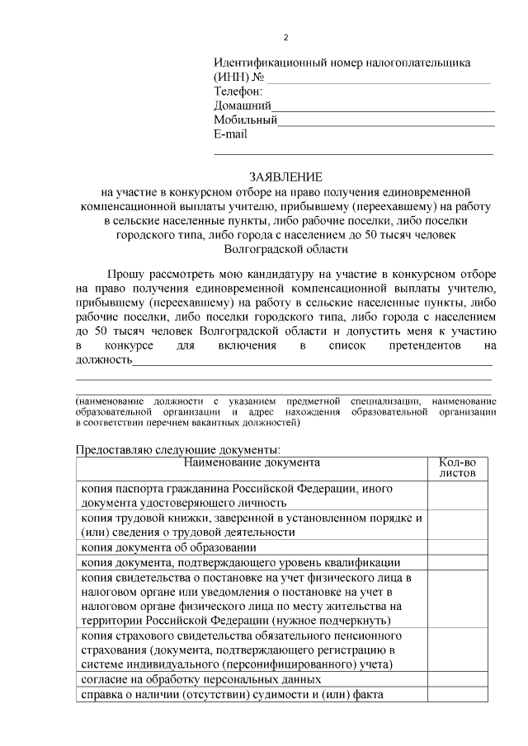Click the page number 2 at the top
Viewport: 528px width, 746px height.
click(x=286, y=38)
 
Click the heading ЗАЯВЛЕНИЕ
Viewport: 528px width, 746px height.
click(x=286, y=176)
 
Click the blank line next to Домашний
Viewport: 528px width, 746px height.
click(x=384, y=107)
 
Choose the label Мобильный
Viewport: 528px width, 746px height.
click(x=245, y=120)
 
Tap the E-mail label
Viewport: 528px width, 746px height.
click(x=230, y=134)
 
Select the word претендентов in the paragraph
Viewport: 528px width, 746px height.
click(x=424, y=346)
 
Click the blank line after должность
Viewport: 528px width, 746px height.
click(x=313, y=362)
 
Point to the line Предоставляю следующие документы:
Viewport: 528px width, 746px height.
click(x=178, y=450)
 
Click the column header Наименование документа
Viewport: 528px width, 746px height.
click(x=252, y=462)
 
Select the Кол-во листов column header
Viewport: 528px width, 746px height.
click(x=457, y=468)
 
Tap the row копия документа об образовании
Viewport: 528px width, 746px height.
click(x=169, y=547)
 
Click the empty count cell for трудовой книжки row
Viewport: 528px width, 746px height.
click(x=457, y=525)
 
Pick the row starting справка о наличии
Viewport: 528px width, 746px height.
click(x=232, y=695)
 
